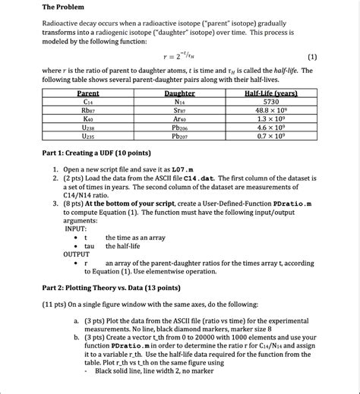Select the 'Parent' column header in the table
[x=88, y=93]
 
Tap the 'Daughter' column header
[x=180, y=93]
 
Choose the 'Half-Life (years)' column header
[x=271, y=93]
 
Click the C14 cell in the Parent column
[x=88, y=102]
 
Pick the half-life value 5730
[x=271, y=102]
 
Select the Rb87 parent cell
[x=88, y=111]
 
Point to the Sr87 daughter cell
[x=180, y=111]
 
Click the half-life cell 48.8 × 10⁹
[x=271, y=111]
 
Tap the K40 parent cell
[x=88, y=120]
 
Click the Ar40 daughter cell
[x=180, y=120]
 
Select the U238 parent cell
[x=88, y=129]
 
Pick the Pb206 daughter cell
[x=180, y=129]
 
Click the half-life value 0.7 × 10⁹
[x=271, y=137]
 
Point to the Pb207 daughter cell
[x=180, y=137]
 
